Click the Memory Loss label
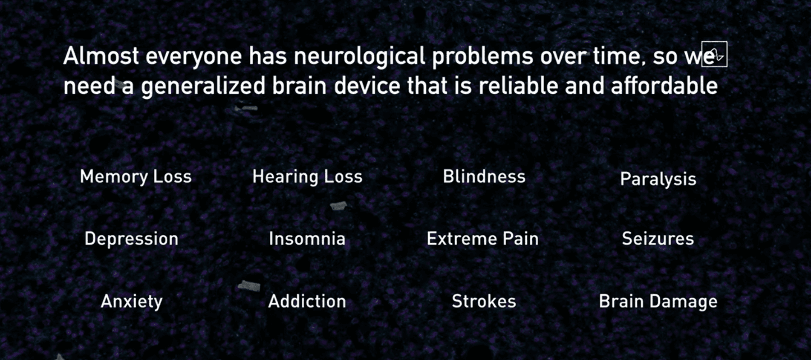[x=136, y=176]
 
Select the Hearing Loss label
[x=307, y=177]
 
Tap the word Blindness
[x=484, y=176]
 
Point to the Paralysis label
[x=658, y=179]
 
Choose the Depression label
[x=131, y=239]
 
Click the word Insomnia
[x=307, y=239]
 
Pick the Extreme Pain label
[x=482, y=239]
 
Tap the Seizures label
[x=658, y=239]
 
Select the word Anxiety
[x=132, y=302]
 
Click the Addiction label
[x=307, y=301]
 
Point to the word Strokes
[x=484, y=301]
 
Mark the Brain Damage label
[x=658, y=302]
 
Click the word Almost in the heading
[x=101, y=56]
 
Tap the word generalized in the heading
[x=203, y=86]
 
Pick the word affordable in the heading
[x=664, y=85]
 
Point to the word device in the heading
[x=367, y=85]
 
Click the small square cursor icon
[x=714, y=54]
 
